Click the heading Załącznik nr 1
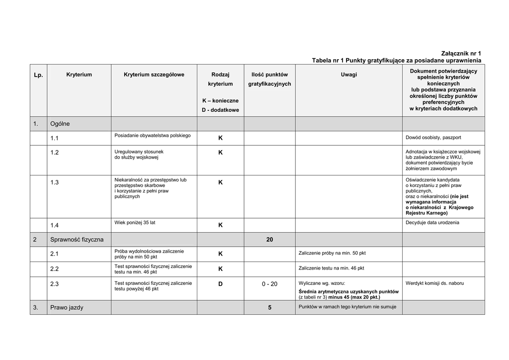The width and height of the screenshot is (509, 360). [x=461, y=53]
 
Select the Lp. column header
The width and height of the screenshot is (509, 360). [x=38, y=75]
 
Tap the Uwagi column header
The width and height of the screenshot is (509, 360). [x=348, y=75]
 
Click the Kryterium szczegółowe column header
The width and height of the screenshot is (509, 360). [x=154, y=75]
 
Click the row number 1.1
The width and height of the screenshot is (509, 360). [x=55, y=138]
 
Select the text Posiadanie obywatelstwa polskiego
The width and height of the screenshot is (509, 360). [x=149, y=135]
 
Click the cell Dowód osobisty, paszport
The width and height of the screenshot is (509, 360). [x=433, y=137]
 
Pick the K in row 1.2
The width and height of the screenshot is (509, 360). [x=220, y=153]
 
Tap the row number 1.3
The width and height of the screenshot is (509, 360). [x=55, y=182]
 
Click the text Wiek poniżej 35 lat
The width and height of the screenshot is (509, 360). [x=135, y=222]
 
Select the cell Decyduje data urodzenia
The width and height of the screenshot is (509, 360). [x=432, y=222]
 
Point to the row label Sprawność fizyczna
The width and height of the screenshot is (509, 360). [x=77, y=240]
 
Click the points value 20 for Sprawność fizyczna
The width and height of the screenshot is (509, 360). [x=269, y=240]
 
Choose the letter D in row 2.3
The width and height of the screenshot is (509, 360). [x=220, y=284]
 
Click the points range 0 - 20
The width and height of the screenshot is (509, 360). [x=269, y=284]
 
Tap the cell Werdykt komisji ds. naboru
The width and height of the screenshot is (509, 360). [x=434, y=283]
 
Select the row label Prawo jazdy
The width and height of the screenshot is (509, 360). [x=67, y=307]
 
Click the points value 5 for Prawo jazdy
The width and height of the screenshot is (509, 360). [x=269, y=308]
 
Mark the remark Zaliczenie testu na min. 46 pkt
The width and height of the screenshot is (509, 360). [x=331, y=268]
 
